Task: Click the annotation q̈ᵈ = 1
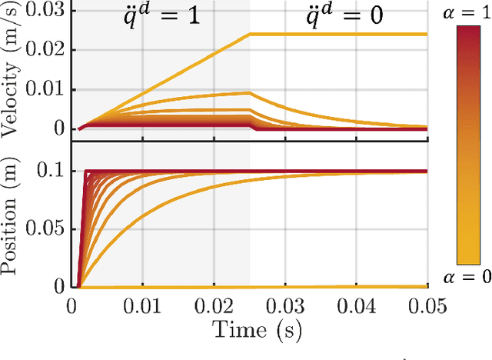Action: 163,16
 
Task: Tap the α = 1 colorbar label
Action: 467,15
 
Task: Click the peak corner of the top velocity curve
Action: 250,34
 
